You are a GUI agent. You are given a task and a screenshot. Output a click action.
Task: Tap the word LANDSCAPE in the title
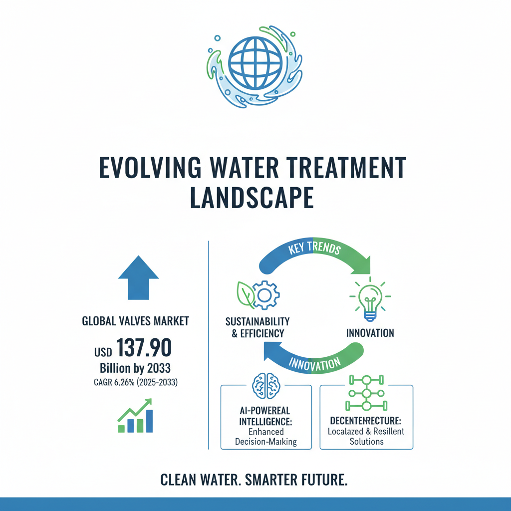pos(252,198)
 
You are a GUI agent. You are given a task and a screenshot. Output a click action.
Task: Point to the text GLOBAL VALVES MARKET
pos(135,321)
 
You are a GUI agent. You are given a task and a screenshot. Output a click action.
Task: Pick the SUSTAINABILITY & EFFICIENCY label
pos(257,327)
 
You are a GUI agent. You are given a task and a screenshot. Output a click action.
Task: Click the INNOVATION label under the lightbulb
pos(370,333)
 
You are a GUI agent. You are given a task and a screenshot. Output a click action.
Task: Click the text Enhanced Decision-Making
pos(266,437)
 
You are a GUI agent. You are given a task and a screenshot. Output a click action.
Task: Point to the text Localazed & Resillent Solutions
pos(366,437)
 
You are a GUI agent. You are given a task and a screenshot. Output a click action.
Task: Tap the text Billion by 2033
pos(135,369)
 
